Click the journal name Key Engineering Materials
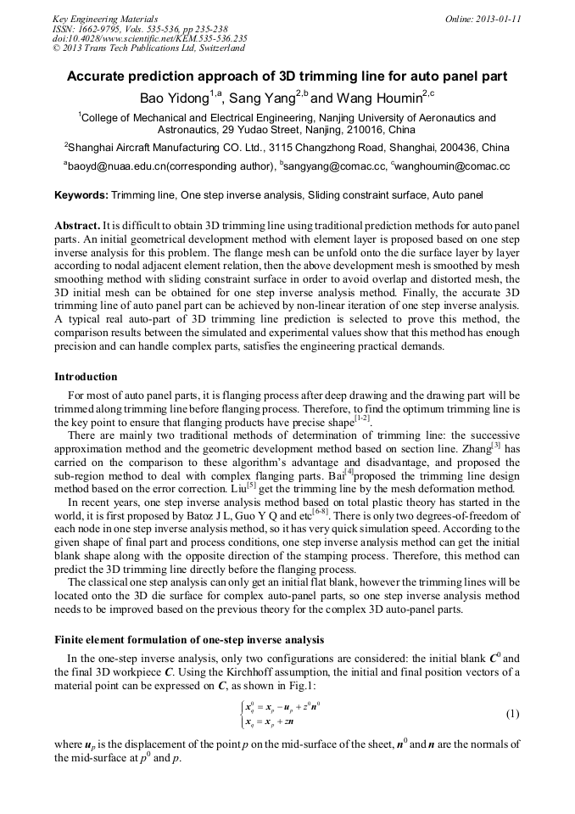(x=104, y=19)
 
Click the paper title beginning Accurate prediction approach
(x=287, y=76)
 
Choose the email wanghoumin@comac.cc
(x=453, y=167)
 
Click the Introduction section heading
(x=86, y=377)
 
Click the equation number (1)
(x=512, y=714)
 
